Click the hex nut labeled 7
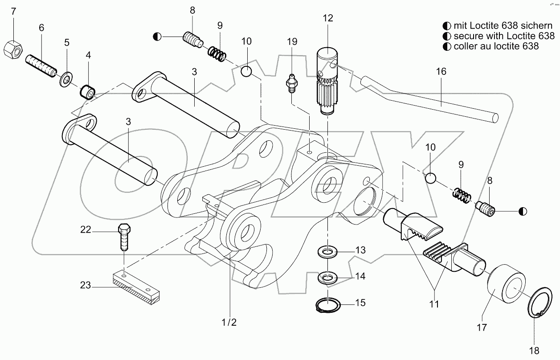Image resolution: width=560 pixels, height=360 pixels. [x=13, y=50]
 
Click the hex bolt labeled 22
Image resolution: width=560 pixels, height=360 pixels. [x=123, y=238]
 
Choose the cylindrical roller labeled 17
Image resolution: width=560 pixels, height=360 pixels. [x=506, y=288]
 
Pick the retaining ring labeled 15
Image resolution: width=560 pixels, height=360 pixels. [x=327, y=306]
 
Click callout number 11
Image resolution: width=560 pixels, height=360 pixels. [x=434, y=304]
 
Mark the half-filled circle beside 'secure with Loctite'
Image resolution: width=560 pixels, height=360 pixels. [x=446, y=36]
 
